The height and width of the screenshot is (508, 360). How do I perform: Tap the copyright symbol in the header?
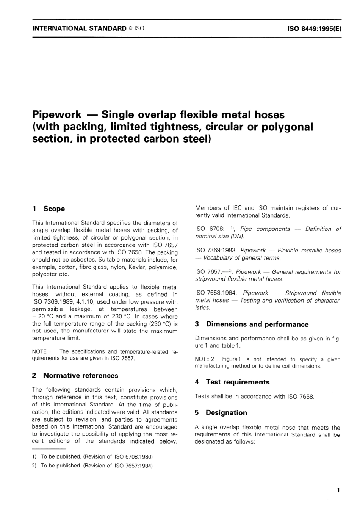(131, 28)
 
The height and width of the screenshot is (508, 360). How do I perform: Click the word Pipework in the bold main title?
(57, 114)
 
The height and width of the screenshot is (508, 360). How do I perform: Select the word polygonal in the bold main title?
(288, 127)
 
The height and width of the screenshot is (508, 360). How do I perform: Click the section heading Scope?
(54, 209)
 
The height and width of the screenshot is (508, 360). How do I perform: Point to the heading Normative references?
(80, 375)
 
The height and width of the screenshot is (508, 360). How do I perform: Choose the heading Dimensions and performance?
(257, 324)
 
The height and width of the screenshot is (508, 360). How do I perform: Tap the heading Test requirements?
(237, 382)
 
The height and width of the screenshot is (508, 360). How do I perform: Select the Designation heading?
(226, 412)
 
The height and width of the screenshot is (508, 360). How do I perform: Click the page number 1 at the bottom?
(338, 490)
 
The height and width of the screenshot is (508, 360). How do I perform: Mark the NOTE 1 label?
(42, 351)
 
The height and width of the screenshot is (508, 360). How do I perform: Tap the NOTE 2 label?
(204, 359)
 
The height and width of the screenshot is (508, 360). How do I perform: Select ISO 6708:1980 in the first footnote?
(133, 456)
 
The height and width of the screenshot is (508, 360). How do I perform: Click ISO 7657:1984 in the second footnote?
(133, 465)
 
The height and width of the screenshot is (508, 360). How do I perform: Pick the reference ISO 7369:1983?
(216, 250)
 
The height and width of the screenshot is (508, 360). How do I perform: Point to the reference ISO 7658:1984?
(216, 293)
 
